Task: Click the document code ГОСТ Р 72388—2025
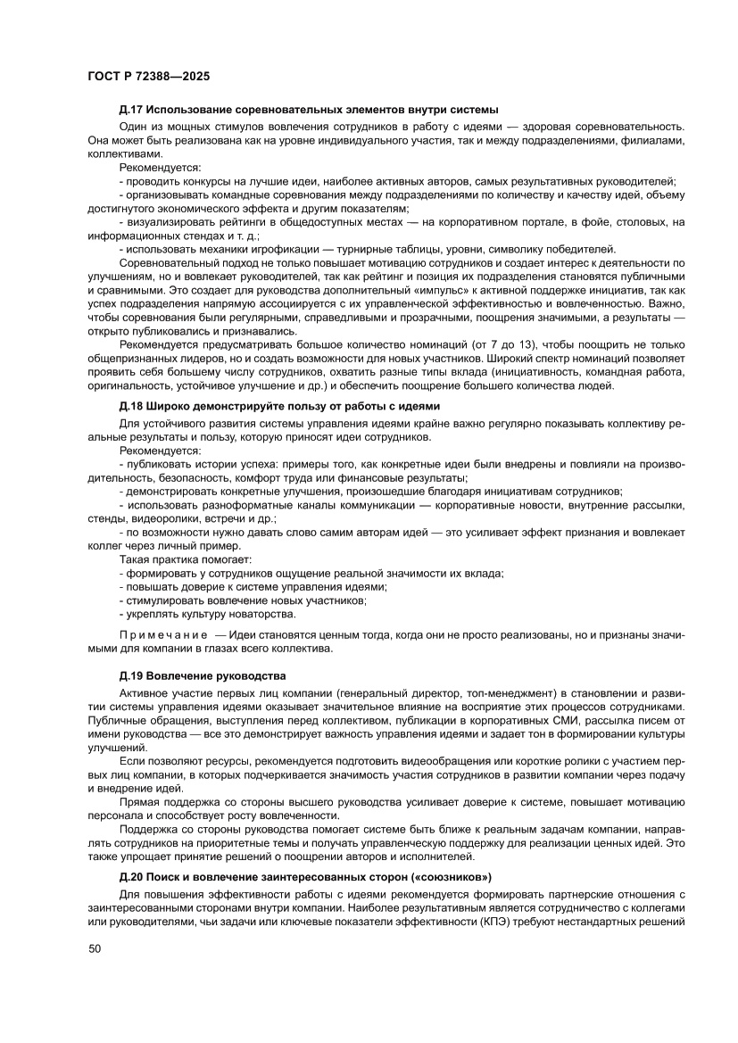148,77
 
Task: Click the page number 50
95,973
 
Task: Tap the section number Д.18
130,406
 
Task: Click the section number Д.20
130,876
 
